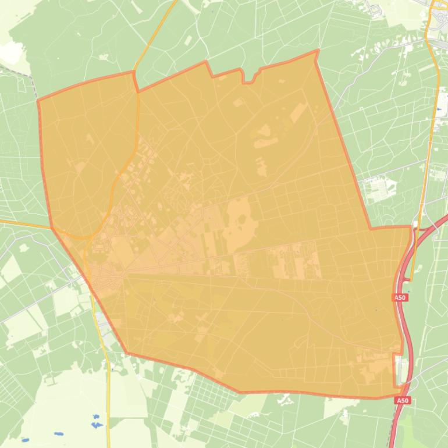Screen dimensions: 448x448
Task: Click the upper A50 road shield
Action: click(400, 297)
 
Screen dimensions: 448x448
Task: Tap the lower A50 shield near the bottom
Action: click(403, 401)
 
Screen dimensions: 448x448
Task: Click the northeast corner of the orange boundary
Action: click(318, 51)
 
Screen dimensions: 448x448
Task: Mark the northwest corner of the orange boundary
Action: click(38, 101)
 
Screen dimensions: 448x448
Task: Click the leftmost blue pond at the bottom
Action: click(24, 440)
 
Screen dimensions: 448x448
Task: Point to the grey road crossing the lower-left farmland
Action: click(35, 303)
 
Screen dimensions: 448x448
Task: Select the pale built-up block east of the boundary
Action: click(378, 189)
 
